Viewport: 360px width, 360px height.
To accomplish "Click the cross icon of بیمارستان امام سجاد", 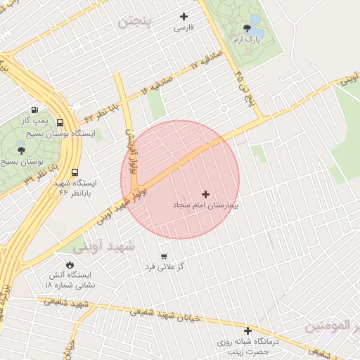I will coord(205,194).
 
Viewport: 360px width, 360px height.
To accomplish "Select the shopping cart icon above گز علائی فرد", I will coord(164,257).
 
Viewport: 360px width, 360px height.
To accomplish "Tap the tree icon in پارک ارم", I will coord(247,28).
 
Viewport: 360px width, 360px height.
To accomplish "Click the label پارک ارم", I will coord(247,40).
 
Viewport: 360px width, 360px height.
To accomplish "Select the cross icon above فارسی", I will coord(184,16).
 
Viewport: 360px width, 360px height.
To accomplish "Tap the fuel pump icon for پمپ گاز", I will coord(34,110).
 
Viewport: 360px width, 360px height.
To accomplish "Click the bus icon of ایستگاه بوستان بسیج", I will coord(60,122).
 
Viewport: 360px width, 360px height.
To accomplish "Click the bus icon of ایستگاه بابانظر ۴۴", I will coord(75,172).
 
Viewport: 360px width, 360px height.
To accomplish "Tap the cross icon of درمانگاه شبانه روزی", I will coord(247,330).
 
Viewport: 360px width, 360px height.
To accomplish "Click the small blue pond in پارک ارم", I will coord(255,20).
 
